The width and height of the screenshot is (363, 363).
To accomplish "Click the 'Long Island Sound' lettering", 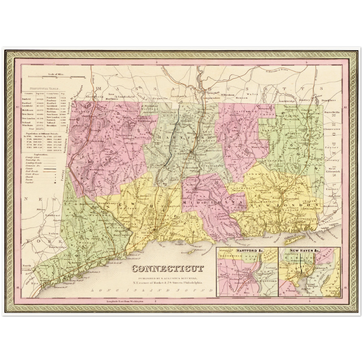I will [x=151, y=291].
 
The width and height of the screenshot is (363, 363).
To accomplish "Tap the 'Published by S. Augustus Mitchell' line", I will [x=167, y=278].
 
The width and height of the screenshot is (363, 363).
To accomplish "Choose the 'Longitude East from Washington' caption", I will [x=125, y=301].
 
